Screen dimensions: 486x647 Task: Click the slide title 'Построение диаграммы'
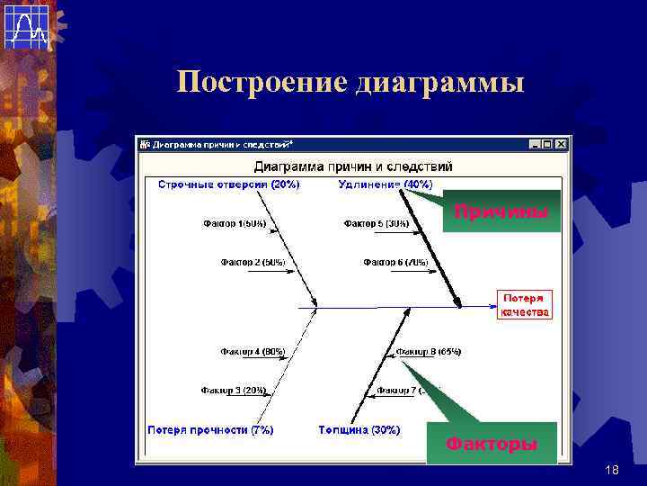pos(350,83)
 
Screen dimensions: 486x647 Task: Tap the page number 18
pos(613,471)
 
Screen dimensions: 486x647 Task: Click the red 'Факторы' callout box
pos(491,444)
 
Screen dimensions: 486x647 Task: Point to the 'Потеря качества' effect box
pos(523,304)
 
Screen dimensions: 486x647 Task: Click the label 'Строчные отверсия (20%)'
pos(228,184)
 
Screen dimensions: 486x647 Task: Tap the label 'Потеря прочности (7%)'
pos(210,430)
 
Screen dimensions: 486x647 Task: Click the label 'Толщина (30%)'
pos(359,430)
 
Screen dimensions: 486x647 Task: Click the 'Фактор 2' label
pos(253,263)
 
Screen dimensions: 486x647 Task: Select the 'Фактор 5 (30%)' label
pos(376,223)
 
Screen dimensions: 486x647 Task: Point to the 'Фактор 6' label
pos(395,263)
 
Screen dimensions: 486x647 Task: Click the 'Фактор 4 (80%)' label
pos(252,351)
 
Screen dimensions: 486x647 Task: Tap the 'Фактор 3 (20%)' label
pos(233,391)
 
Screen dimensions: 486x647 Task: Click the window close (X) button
pos(562,144)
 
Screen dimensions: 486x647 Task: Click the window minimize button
pos(536,144)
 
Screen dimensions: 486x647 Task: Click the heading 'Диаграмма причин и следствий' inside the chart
pos(353,166)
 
